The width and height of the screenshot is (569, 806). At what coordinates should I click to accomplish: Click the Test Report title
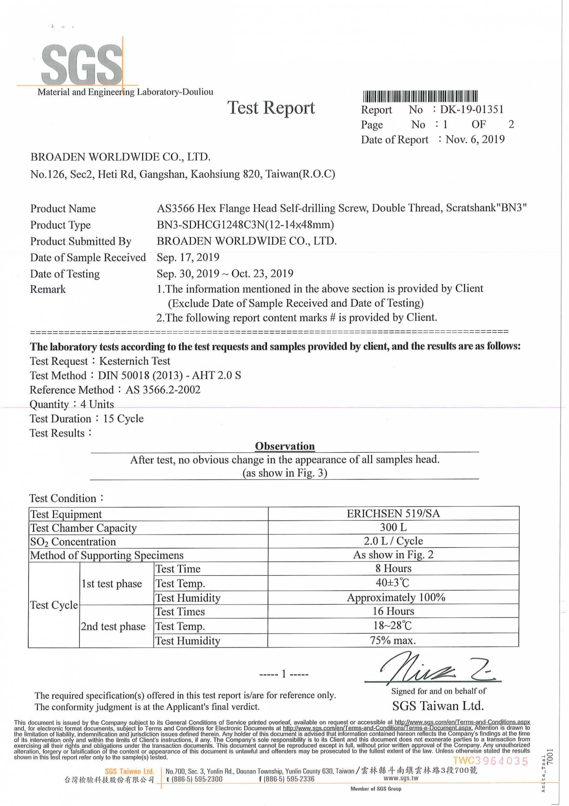pos(271,107)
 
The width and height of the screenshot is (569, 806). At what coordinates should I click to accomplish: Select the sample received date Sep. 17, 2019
pos(188,257)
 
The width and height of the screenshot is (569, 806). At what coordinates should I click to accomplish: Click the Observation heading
pos(285,446)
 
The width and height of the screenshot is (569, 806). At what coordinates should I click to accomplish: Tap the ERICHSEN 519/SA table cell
pos(393,514)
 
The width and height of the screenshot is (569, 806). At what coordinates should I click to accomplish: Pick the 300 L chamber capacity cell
pos(393,528)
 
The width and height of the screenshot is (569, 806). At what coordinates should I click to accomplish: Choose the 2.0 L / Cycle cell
pos(393,541)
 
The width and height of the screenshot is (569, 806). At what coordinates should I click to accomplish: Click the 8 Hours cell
pos(393,568)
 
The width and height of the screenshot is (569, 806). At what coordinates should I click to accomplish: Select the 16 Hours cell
pos(393,611)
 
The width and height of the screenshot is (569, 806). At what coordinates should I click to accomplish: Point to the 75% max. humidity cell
pos(393,641)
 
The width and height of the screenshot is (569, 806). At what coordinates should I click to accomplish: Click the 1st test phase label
pos(112,583)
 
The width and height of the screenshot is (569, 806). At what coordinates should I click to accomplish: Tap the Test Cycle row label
pos(54,605)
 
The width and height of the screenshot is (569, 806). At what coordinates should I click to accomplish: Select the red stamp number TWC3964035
pos(490,761)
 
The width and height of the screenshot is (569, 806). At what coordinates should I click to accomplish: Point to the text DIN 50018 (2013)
pos(140,376)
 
